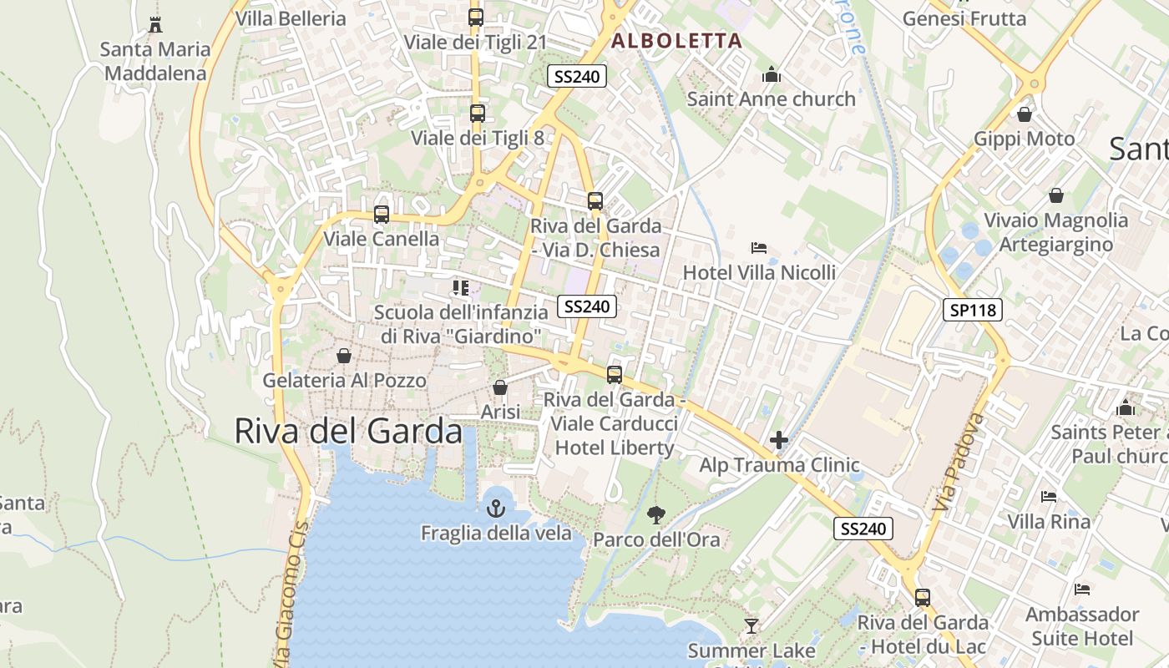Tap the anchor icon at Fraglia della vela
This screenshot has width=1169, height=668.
tap(496, 508)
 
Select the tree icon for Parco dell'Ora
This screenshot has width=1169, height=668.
tap(656, 514)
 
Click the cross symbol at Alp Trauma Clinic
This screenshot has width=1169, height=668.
tap(779, 440)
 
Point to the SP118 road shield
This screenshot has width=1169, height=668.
tap(973, 310)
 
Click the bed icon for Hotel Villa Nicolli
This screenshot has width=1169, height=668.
tap(759, 248)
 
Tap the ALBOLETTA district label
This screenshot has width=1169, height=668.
tap(676, 40)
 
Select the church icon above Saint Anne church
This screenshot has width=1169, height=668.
tap(771, 74)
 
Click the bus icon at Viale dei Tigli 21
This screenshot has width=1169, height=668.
tap(476, 18)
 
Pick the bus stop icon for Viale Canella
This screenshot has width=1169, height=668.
tap(382, 215)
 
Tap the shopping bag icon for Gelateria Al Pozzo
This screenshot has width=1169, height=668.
tap(344, 356)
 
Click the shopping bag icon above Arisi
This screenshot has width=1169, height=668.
tap(500, 387)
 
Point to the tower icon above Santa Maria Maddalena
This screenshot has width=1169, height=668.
tap(154, 24)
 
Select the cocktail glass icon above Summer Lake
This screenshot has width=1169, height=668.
tap(751, 625)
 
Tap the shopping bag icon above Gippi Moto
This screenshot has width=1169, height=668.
tap(1025, 114)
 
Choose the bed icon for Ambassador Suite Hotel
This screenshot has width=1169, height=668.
tap(1082, 590)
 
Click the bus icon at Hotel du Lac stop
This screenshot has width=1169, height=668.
tap(923, 598)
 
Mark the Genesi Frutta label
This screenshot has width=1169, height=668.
tap(964, 18)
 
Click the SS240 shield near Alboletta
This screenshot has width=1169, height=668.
tap(576, 76)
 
